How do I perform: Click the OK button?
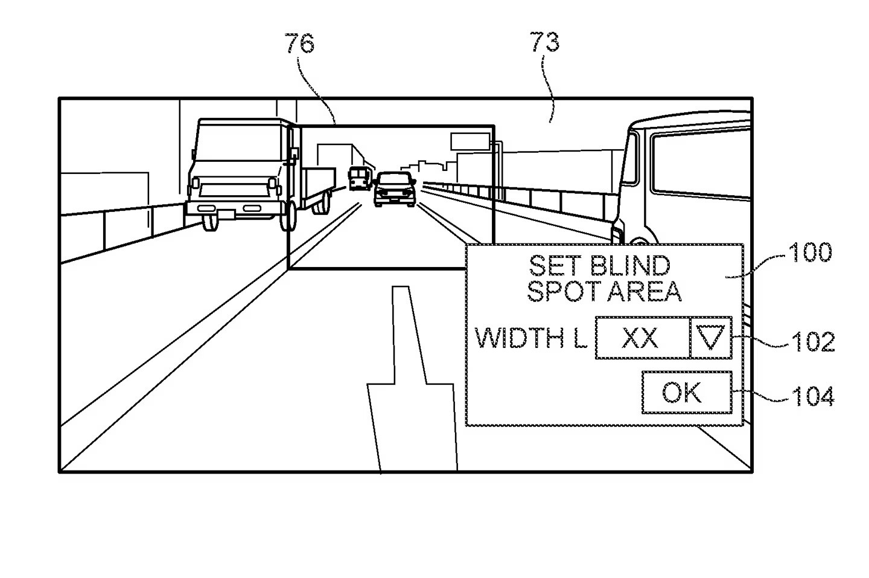pos(686,393)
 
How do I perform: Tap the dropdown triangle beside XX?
pos(710,338)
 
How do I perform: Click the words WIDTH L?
pos(530,338)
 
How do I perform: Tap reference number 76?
pos(300,43)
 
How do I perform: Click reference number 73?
pos(545,42)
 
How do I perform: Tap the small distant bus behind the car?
pos(359,178)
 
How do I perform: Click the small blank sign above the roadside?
pos(470,141)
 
